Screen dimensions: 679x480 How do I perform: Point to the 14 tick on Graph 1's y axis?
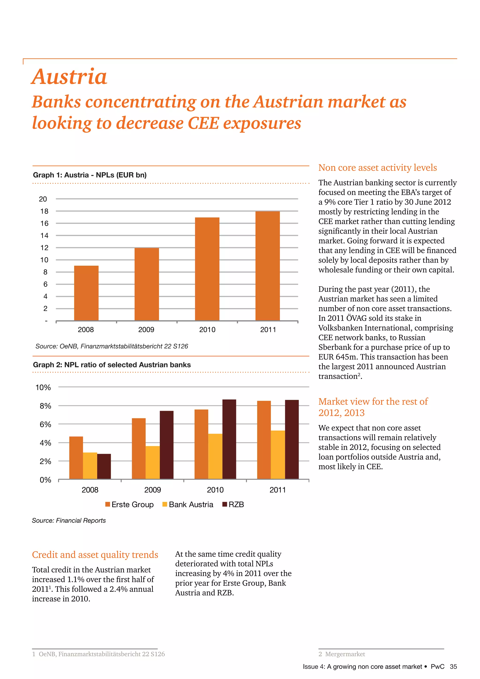[44, 236]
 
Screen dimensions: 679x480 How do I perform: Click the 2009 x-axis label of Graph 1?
[146, 329]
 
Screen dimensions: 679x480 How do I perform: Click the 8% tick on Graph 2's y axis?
[45, 406]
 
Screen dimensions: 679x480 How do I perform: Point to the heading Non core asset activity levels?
[377, 168]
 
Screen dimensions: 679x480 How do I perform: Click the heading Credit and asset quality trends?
[95, 555]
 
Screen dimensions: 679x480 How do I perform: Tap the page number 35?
[453, 667]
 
